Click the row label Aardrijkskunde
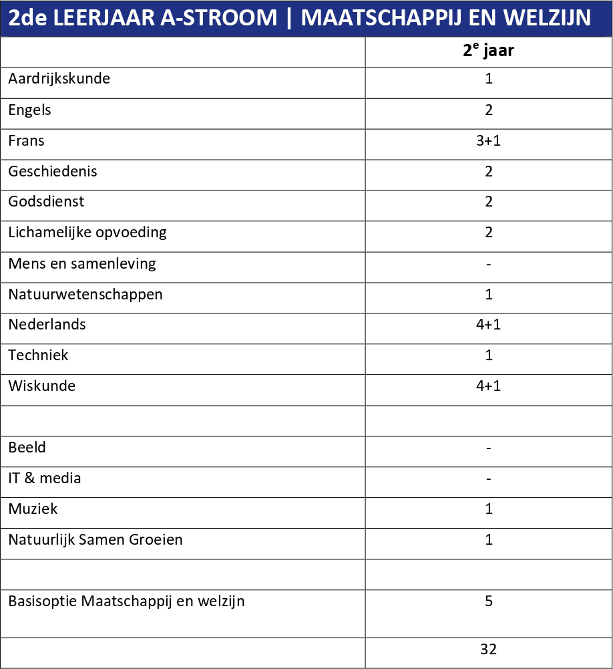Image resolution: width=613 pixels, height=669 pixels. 59,79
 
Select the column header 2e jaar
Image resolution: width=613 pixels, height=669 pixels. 489,51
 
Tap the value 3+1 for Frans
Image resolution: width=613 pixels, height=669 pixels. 489,141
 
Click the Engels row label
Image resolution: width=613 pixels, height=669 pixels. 29,110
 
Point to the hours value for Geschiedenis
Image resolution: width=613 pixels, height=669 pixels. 489,172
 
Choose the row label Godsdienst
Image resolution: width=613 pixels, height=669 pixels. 46,202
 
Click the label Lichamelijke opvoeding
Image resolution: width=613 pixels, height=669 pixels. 87,233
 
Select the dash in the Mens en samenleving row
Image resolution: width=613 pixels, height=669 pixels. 489,264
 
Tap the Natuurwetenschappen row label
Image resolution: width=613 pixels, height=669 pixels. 85,294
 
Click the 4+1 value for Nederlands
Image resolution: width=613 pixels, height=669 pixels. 489,325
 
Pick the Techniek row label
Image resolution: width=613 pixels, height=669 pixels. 38,356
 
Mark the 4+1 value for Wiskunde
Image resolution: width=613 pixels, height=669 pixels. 489,386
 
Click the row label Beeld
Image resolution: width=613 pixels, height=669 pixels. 27,448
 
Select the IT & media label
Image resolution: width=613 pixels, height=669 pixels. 45,479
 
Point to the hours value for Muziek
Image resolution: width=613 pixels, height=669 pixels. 489,509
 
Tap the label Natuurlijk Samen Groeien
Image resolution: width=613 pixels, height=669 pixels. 95,540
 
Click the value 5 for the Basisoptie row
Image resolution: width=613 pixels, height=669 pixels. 489,601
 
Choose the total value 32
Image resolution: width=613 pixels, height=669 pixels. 489,649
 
